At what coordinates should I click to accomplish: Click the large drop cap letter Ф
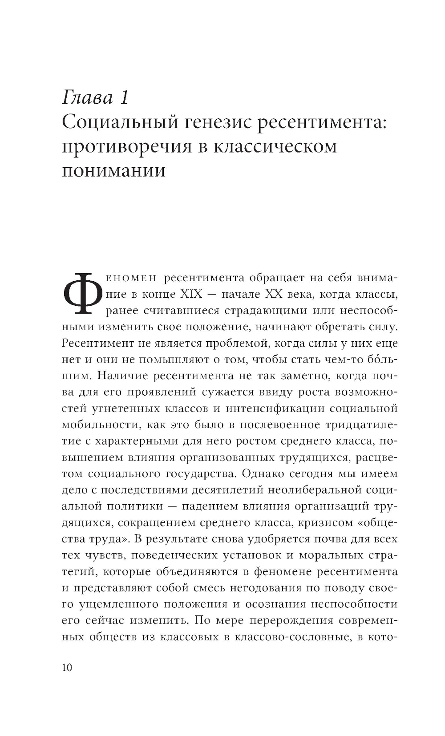coord(82,291)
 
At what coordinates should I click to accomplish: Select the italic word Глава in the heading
coord(88,97)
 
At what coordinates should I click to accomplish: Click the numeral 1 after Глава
coord(123,97)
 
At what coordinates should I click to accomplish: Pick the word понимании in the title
coord(113,170)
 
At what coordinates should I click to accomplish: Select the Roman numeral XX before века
coord(277,294)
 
